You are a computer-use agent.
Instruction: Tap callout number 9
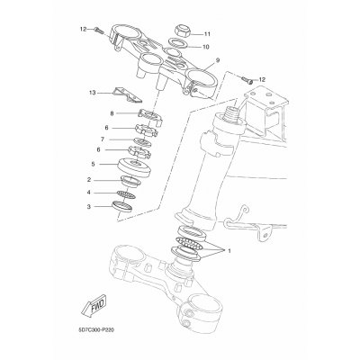click(217, 61)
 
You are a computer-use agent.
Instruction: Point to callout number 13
click(92, 93)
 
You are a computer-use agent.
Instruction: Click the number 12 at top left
click(82, 30)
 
